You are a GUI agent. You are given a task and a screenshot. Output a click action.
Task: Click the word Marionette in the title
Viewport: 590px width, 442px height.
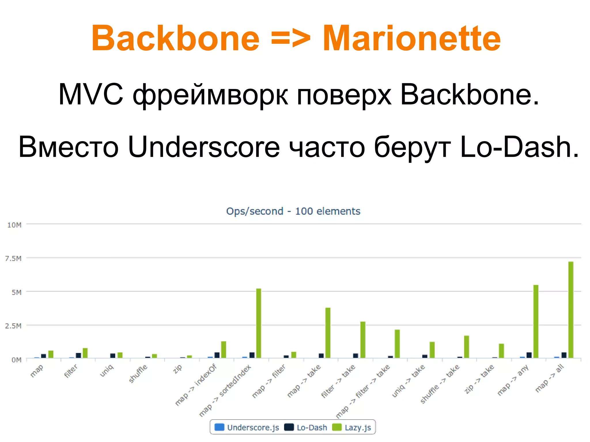[x=412, y=38]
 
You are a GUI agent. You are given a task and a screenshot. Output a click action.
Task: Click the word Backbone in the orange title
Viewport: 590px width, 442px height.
[x=175, y=38]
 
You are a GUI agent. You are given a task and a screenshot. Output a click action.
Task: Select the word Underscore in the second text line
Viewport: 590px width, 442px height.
[x=204, y=147]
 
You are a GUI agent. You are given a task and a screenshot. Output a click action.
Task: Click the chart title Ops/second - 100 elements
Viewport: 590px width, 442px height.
[x=293, y=211]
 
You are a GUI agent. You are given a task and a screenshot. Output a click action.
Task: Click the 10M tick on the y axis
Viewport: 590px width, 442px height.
[x=14, y=225]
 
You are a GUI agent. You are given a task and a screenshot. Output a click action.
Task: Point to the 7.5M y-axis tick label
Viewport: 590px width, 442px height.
[x=13, y=258]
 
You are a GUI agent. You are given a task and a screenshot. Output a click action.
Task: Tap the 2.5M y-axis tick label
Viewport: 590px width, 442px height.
[x=13, y=326]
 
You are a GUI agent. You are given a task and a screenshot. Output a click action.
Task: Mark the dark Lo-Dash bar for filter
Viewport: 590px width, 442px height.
[x=78, y=355]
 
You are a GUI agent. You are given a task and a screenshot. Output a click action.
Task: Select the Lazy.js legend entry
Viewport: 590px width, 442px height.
[x=352, y=427]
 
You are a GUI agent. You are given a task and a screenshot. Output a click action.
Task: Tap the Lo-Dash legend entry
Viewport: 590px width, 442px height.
[x=306, y=427]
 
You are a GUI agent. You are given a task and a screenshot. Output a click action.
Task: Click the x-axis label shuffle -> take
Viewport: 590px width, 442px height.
[x=440, y=384]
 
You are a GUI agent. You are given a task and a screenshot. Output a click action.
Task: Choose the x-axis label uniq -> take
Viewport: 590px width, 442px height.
[x=409, y=380]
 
